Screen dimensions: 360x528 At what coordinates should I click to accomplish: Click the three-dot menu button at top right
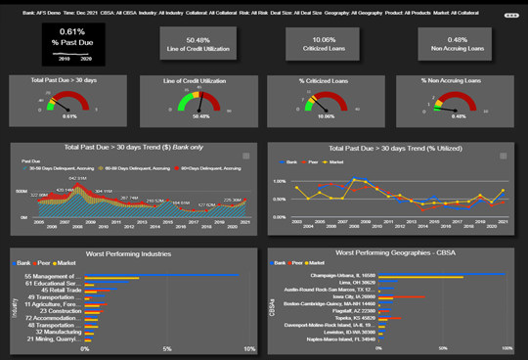pos(510,17)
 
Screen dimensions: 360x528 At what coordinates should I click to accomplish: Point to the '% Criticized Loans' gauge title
pos(324,80)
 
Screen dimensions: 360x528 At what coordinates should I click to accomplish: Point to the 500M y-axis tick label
pos(22,192)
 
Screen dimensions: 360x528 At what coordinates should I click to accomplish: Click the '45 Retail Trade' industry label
pos(58,291)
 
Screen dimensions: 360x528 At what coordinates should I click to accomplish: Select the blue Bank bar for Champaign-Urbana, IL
pos(440,276)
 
